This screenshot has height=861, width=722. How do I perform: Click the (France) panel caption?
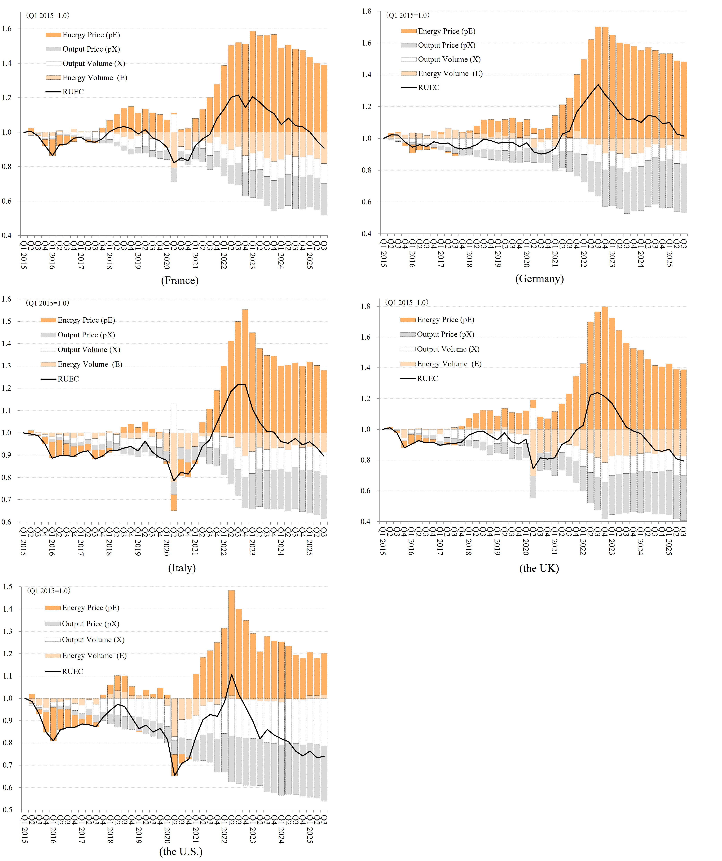(x=180, y=280)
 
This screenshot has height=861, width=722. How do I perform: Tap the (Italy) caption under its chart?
(x=182, y=568)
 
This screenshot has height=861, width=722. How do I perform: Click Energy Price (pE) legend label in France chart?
(x=91, y=35)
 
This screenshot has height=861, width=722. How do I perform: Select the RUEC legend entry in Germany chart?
(x=428, y=87)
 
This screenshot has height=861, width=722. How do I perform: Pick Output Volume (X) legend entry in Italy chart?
(x=89, y=349)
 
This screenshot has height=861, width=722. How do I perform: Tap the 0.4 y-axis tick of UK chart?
(x=366, y=522)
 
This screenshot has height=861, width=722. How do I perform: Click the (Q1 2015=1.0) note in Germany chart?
(x=407, y=15)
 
